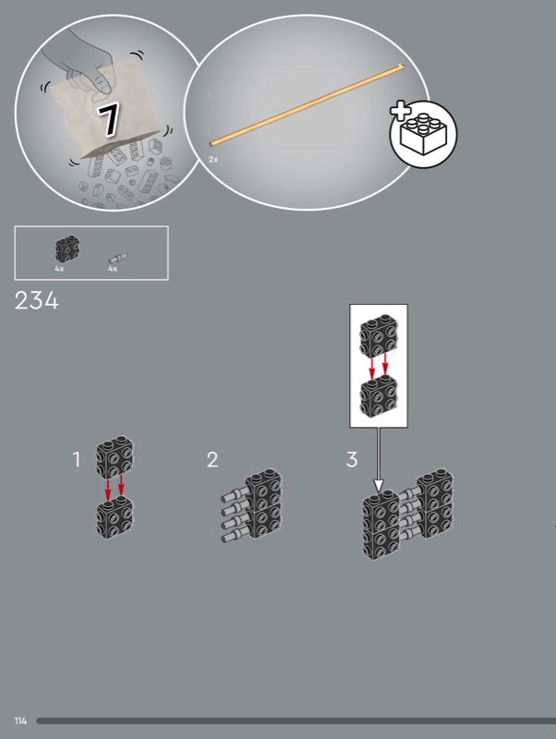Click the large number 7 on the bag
point(109,120)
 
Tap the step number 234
point(37,300)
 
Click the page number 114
point(20,721)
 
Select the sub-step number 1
point(77,459)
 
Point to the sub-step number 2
point(212,459)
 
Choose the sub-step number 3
point(352,459)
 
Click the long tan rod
point(307,105)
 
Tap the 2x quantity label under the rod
point(213,160)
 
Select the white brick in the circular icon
point(423,134)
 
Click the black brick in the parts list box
point(67,248)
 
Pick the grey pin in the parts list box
point(118,258)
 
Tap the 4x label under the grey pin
point(113,269)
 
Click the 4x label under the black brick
point(59,269)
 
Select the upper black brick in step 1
point(115,456)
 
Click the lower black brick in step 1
point(115,517)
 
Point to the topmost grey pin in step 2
point(235,495)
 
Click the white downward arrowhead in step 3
point(379,486)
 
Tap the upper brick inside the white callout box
point(379,336)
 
